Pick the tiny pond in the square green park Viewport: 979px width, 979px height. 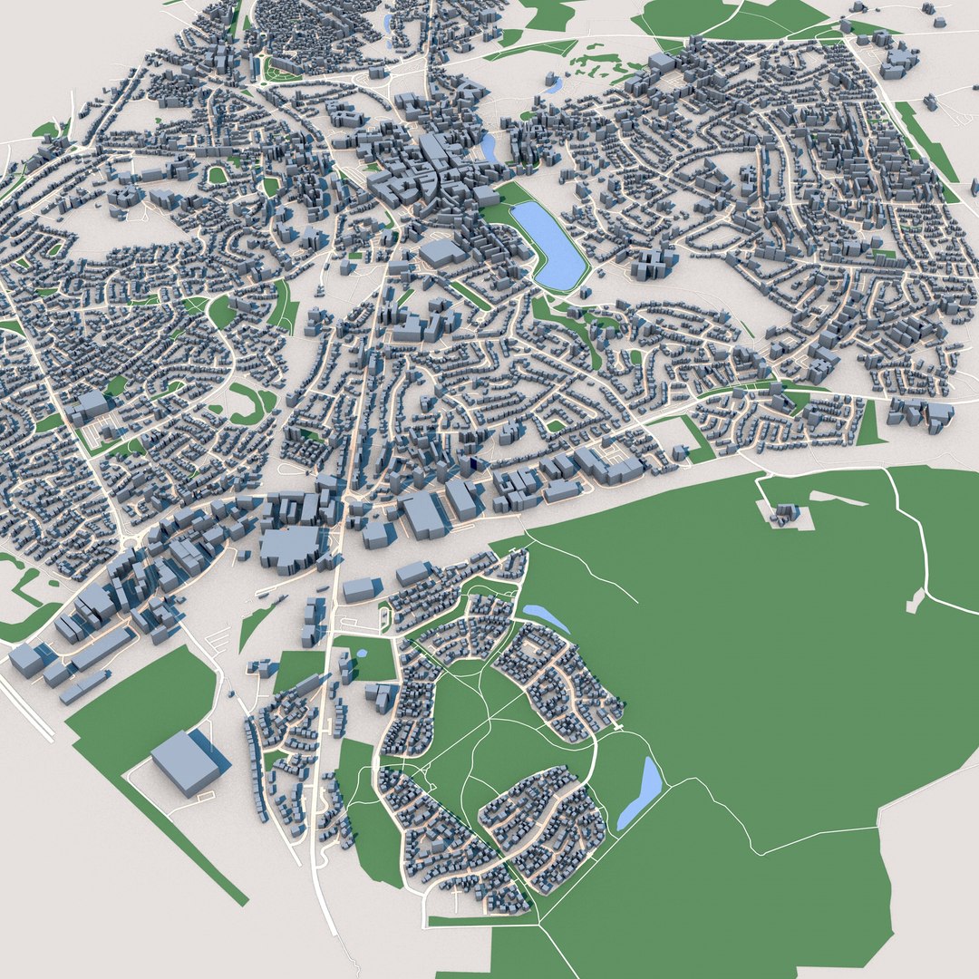pyautogui.click(x=362, y=652)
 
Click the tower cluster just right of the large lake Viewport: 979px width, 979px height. pyautogui.click(x=654, y=262)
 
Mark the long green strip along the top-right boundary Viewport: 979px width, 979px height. pyautogui.click(x=925, y=141)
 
